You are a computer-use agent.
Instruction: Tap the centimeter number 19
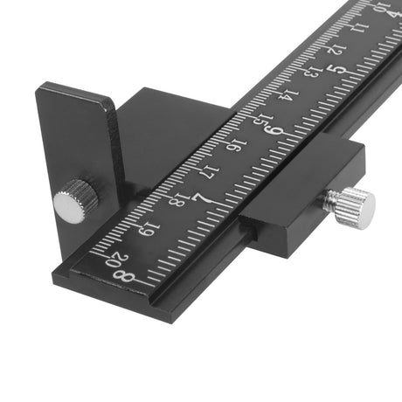tap(149, 229)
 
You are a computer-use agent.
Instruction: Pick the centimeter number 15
tap(263, 121)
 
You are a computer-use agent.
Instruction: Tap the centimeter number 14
tap(288, 96)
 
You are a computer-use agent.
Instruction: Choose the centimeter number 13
tap(313, 73)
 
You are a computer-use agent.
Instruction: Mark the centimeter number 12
tap(336, 50)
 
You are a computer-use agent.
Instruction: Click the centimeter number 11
tap(359, 28)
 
